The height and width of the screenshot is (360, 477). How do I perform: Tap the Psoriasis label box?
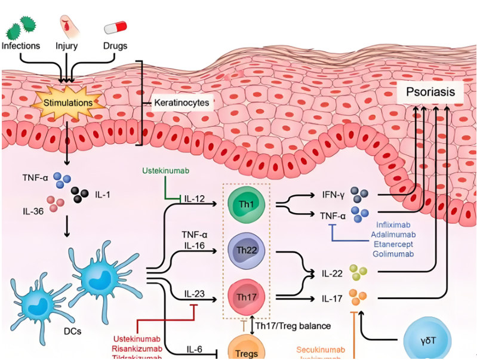point(430,93)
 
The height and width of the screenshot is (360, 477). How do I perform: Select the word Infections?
point(21,45)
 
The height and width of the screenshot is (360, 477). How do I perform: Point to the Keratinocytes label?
point(181,103)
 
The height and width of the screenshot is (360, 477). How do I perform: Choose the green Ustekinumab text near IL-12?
point(165,171)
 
